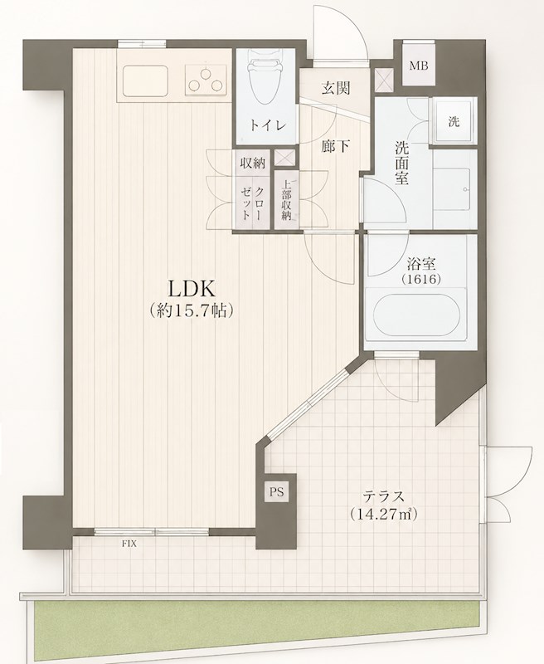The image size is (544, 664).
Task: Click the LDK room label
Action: click(x=192, y=289)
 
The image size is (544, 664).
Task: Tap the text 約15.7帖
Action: click(x=192, y=311)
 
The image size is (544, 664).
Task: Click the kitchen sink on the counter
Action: click(x=144, y=81)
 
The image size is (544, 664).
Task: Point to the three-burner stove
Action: click(x=206, y=80)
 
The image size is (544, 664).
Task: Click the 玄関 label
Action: click(x=337, y=88)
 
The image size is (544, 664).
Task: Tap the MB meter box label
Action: click(x=419, y=66)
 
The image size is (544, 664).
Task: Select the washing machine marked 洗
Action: click(x=454, y=122)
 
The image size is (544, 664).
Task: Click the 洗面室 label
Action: click(x=401, y=163)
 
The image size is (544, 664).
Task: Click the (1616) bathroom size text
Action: click(x=421, y=279)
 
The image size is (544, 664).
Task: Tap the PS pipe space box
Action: click(x=276, y=491)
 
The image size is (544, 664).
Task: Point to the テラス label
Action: click(x=383, y=496)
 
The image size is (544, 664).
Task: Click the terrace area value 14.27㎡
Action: click(x=383, y=514)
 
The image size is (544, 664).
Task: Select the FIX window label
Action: click(x=129, y=544)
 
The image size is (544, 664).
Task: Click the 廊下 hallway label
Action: click(x=336, y=147)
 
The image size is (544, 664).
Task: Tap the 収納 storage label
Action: click(x=253, y=163)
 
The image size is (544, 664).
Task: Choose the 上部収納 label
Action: click(x=287, y=200)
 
